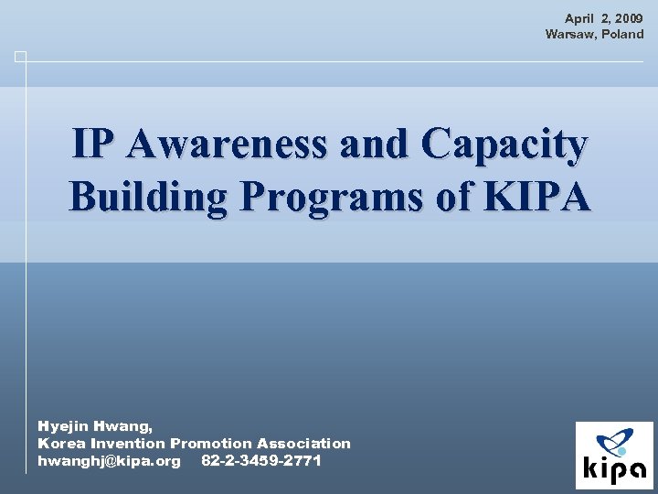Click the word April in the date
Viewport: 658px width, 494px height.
pyautogui.click(x=580, y=18)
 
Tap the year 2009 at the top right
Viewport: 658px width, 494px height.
pyautogui.click(x=629, y=18)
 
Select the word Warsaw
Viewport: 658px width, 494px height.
pyautogui.click(x=567, y=34)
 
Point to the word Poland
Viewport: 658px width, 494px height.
pyautogui.click(x=621, y=34)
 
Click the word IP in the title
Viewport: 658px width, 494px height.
pyautogui.click(x=96, y=145)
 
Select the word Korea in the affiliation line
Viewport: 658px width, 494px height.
pyautogui.click(x=61, y=443)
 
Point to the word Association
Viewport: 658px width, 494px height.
pyautogui.click(x=303, y=443)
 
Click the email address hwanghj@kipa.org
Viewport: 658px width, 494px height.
pyautogui.click(x=109, y=460)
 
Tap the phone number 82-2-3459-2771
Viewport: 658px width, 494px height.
pyautogui.click(x=260, y=460)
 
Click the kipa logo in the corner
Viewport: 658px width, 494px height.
pyautogui.click(x=614, y=455)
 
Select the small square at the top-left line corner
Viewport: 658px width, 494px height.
pyautogui.click(x=20, y=57)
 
